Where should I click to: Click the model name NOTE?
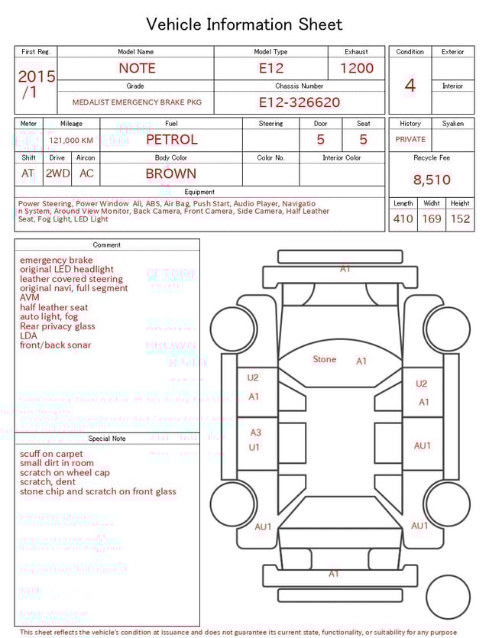137,68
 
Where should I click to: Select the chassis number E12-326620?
299,102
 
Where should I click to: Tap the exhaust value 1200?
357,68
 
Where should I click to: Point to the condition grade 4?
410,86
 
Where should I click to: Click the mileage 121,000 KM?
71,141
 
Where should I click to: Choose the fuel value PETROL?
171,140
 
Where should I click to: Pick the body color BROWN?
171,173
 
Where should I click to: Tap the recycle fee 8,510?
432,180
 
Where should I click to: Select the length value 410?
403,219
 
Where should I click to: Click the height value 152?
460,219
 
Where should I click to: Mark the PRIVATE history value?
410,140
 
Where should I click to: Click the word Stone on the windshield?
325,359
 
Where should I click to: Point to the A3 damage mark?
256,432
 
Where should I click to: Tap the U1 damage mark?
254,447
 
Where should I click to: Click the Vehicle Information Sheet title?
244,24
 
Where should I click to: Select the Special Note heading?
107,439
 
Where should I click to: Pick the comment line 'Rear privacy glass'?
57,326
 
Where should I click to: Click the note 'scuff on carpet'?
51,454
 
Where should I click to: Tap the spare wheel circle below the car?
449,597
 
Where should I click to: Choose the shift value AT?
28,173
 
